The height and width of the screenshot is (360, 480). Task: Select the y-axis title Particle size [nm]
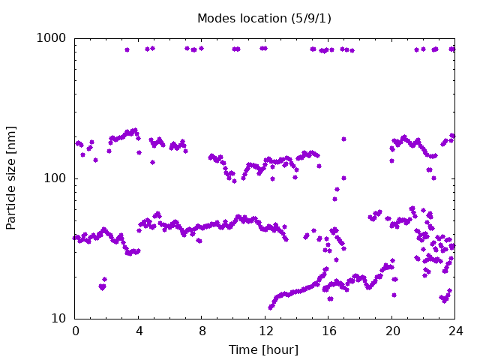click(x=10, y=178)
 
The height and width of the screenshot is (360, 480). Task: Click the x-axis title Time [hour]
click(x=263, y=349)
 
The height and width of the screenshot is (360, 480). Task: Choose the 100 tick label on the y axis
click(x=55, y=178)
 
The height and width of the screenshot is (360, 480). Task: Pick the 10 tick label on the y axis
click(x=58, y=319)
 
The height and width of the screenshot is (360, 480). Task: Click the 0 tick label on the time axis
click(x=76, y=331)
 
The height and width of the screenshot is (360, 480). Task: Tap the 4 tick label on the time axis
click(x=139, y=331)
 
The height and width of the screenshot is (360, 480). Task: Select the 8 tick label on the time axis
click(x=202, y=331)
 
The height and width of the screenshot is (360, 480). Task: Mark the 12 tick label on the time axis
click(x=266, y=331)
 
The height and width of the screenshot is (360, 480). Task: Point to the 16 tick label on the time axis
click(x=329, y=331)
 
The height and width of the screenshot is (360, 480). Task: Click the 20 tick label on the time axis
click(x=393, y=331)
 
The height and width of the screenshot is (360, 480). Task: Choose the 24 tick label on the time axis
click(x=456, y=331)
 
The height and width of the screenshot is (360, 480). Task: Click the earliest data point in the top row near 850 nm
click(x=127, y=50)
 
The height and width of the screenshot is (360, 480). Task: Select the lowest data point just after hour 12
click(x=270, y=307)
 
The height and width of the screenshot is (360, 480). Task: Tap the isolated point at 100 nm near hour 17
click(x=343, y=178)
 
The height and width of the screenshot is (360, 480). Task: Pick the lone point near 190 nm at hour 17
click(x=343, y=139)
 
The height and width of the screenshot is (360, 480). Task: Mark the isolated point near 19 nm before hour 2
click(x=105, y=279)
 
